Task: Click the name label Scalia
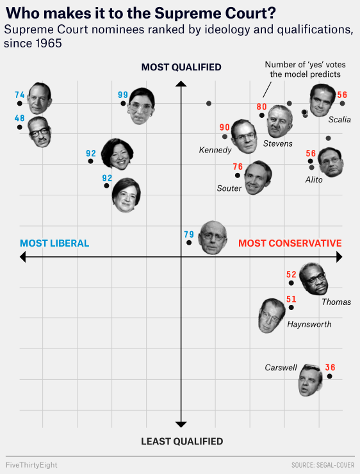tap(340, 120)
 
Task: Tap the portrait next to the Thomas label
tap(313, 279)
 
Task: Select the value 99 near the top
tap(123, 95)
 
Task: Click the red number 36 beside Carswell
tap(330, 368)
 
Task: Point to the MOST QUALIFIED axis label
tap(181, 67)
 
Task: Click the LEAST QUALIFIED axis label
tap(182, 441)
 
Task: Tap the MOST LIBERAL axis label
tap(54, 243)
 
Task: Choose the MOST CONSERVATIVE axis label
tap(290, 243)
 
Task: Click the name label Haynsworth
tap(309, 324)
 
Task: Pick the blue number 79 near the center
tap(189, 234)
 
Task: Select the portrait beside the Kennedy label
tap(244, 136)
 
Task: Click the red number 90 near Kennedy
tap(224, 127)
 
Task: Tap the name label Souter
tap(229, 188)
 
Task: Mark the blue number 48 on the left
tap(19, 118)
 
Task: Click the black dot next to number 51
tap(291, 307)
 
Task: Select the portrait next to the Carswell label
tap(310, 380)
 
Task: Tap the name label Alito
tap(314, 180)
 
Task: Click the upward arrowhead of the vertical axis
tap(181, 83)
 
